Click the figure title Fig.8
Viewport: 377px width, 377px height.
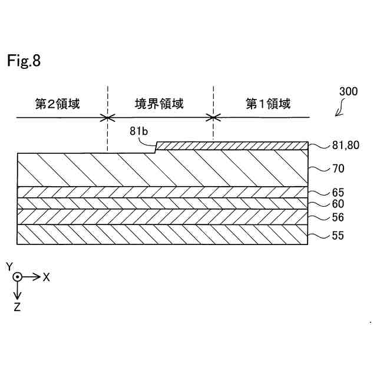pos(24,61)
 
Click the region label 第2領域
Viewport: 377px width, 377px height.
pos(57,104)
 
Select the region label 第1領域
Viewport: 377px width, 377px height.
pos(268,104)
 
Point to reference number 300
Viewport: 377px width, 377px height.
pos(348,92)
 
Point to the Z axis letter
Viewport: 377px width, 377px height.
pos(18,307)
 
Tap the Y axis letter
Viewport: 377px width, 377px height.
pos(9,267)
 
